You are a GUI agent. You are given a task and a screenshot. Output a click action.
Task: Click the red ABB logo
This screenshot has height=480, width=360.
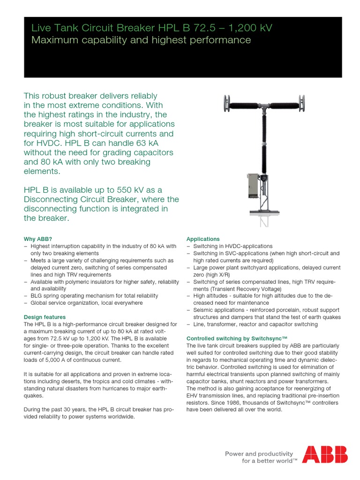pyautogui.click(x=325, y=454)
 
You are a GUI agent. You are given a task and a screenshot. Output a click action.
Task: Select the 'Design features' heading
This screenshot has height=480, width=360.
pyautogui.click(x=45, y=317)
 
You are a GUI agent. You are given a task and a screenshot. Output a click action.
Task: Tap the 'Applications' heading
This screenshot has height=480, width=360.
pyautogui.click(x=203, y=239)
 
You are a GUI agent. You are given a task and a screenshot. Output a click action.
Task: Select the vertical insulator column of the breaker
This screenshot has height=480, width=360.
pyautogui.click(x=263, y=141)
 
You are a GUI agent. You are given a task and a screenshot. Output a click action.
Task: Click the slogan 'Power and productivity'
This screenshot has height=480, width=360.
pyautogui.click(x=259, y=454)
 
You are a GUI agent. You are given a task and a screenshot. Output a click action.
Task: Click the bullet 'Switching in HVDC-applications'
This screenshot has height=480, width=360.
pyautogui.click(x=232, y=246)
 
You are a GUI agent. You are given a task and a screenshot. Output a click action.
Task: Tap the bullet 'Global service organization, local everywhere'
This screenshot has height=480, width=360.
pyautogui.click(x=86, y=303)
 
